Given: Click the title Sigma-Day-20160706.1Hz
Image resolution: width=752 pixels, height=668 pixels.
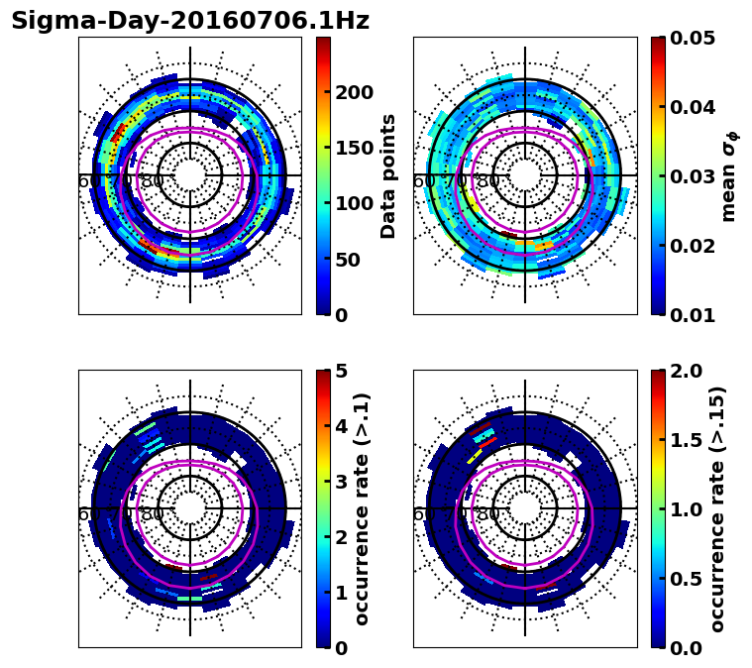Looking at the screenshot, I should (x=190, y=21).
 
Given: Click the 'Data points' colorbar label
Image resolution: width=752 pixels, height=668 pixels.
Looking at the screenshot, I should (x=388, y=175).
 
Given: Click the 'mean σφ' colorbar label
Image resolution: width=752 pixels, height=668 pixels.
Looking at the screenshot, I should (x=728, y=175).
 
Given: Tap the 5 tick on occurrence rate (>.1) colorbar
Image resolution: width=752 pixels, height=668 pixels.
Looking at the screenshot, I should (x=342, y=371).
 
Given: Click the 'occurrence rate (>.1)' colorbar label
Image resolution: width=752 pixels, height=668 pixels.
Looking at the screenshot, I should (x=363, y=508).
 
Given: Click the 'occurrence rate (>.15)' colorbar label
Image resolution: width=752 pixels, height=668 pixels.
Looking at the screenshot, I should (x=717, y=508).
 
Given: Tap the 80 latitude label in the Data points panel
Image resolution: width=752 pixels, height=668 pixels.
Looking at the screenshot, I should (x=153, y=181).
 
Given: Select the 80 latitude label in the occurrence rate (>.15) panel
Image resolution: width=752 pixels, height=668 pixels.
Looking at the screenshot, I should (x=487, y=514).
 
